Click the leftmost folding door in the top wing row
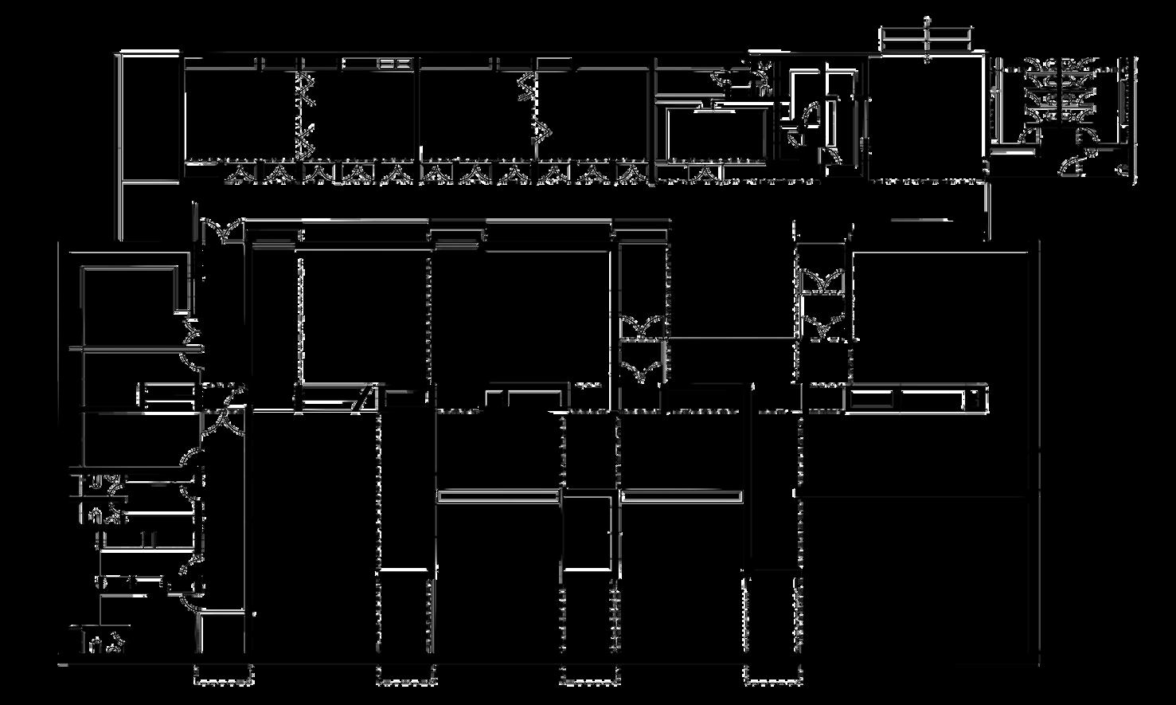click(x=238, y=174)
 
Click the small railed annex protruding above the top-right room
click(x=927, y=40)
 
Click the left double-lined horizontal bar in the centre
click(x=498, y=496)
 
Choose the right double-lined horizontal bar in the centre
click(x=681, y=496)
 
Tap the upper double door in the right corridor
click(x=822, y=281)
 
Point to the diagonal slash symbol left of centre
click(x=362, y=398)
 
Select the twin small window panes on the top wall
click(x=391, y=63)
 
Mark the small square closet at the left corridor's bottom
click(x=221, y=635)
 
